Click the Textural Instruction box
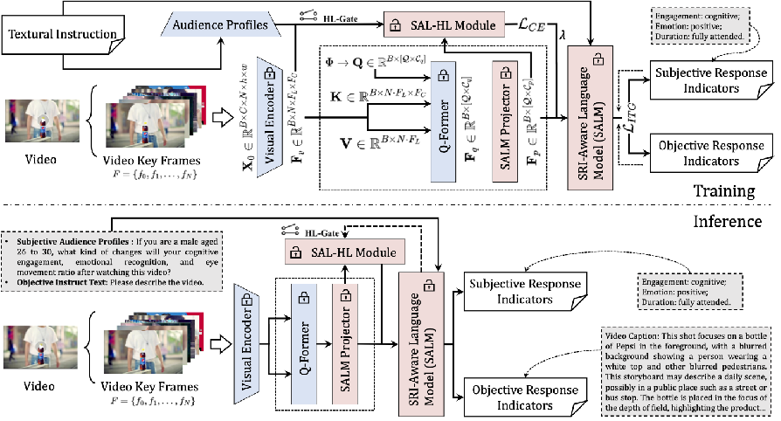click(x=64, y=36)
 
